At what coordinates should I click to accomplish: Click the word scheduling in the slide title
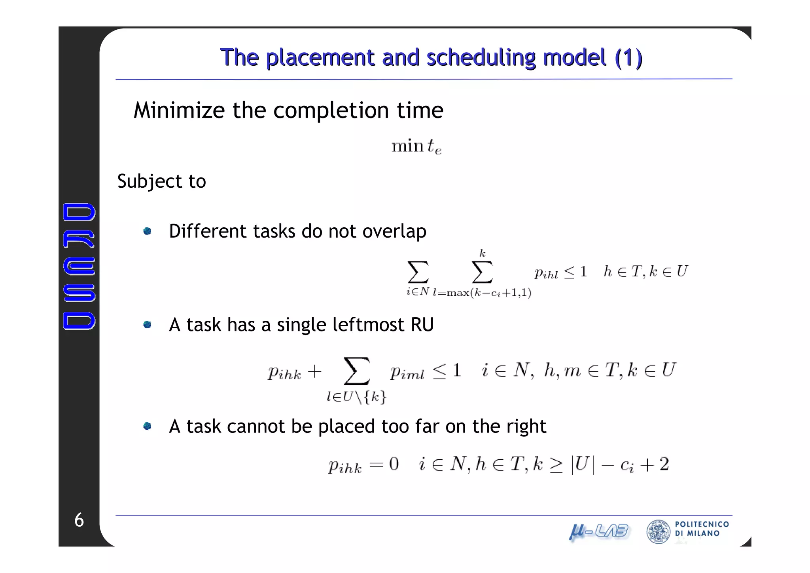(x=481, y=58)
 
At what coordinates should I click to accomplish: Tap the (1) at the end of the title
(x=628, y=58)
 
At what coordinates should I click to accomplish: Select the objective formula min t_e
(x=416, y=147)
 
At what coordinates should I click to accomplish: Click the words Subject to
(x=161, y=181)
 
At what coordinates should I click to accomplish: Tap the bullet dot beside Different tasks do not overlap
(x=147, y=231)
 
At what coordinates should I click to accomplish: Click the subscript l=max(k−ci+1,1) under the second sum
(x=482, y=293)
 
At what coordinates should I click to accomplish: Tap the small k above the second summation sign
(x=482, y=253)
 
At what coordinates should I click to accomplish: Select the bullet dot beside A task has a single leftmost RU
(x=147, y=325)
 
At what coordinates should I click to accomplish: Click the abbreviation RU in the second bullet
(x=422, y=325)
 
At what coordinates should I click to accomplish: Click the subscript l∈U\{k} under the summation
(x=356, y=396)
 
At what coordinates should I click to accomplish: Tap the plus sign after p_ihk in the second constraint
(x=314, y=372)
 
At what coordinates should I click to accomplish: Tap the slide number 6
(x=79, y=520)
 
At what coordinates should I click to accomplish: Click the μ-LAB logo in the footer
(x=598, y=531)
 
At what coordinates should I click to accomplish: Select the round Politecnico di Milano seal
(x=658, y=531)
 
